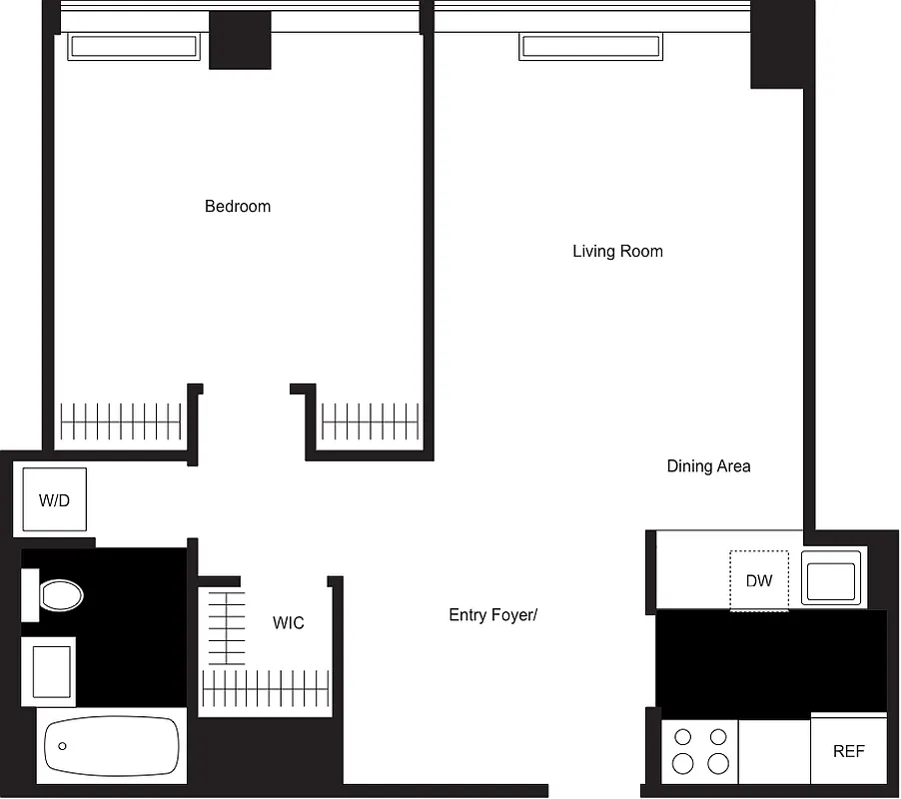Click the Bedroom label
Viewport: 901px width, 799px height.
238,207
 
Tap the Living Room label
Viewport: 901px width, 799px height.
617,252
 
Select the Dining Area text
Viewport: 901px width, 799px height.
708,466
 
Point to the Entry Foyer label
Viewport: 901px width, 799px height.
492,615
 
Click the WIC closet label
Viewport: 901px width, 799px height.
289,623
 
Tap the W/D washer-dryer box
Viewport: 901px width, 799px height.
55,500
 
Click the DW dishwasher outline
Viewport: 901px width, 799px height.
759,580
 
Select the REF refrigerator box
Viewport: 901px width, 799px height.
849,751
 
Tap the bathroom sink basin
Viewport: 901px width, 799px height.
51,670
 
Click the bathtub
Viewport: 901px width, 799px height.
112,746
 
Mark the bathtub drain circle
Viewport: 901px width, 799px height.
62,746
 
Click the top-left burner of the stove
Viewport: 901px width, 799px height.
684,738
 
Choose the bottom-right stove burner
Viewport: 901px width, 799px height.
718,764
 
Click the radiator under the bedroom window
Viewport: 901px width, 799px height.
133,47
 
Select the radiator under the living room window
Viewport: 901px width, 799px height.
590,47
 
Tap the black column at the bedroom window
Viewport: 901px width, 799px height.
240,41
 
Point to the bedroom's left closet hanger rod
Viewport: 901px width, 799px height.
122,421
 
